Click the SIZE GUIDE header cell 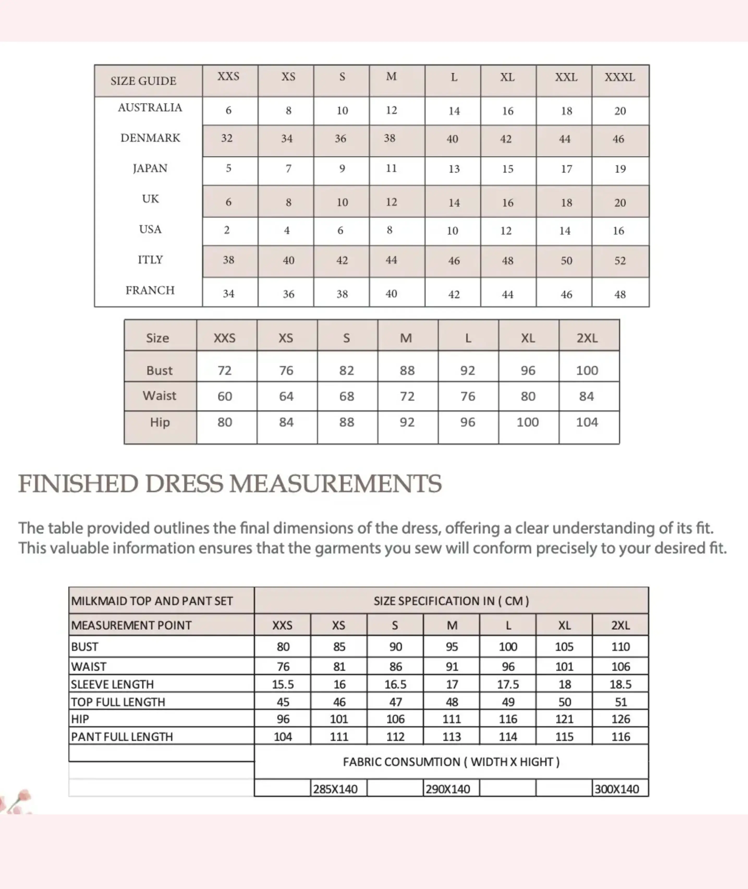click(143, 81)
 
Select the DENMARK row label click(150, 138)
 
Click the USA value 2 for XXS click(227, 230)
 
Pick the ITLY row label click(150, 259)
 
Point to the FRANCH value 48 click(620, 294)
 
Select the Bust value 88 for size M click(407, 370)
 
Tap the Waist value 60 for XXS click(225, 396)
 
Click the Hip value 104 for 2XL click(587, 422)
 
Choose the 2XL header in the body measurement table click(587, 338)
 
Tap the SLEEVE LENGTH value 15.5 click(283, 684)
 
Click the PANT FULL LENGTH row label click(122, 736)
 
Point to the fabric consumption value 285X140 click(335, 789)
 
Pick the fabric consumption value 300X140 click(617, 789)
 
